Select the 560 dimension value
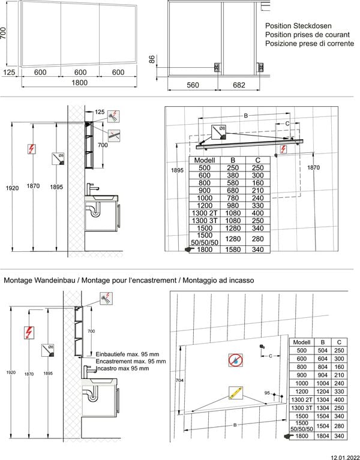click(x=192, y=85)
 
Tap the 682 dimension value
click(x=239, y=85)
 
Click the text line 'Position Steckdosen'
click(x=298, y=26)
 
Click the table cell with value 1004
click(x=322, y=383)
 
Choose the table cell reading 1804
click(x=322, y=436)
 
